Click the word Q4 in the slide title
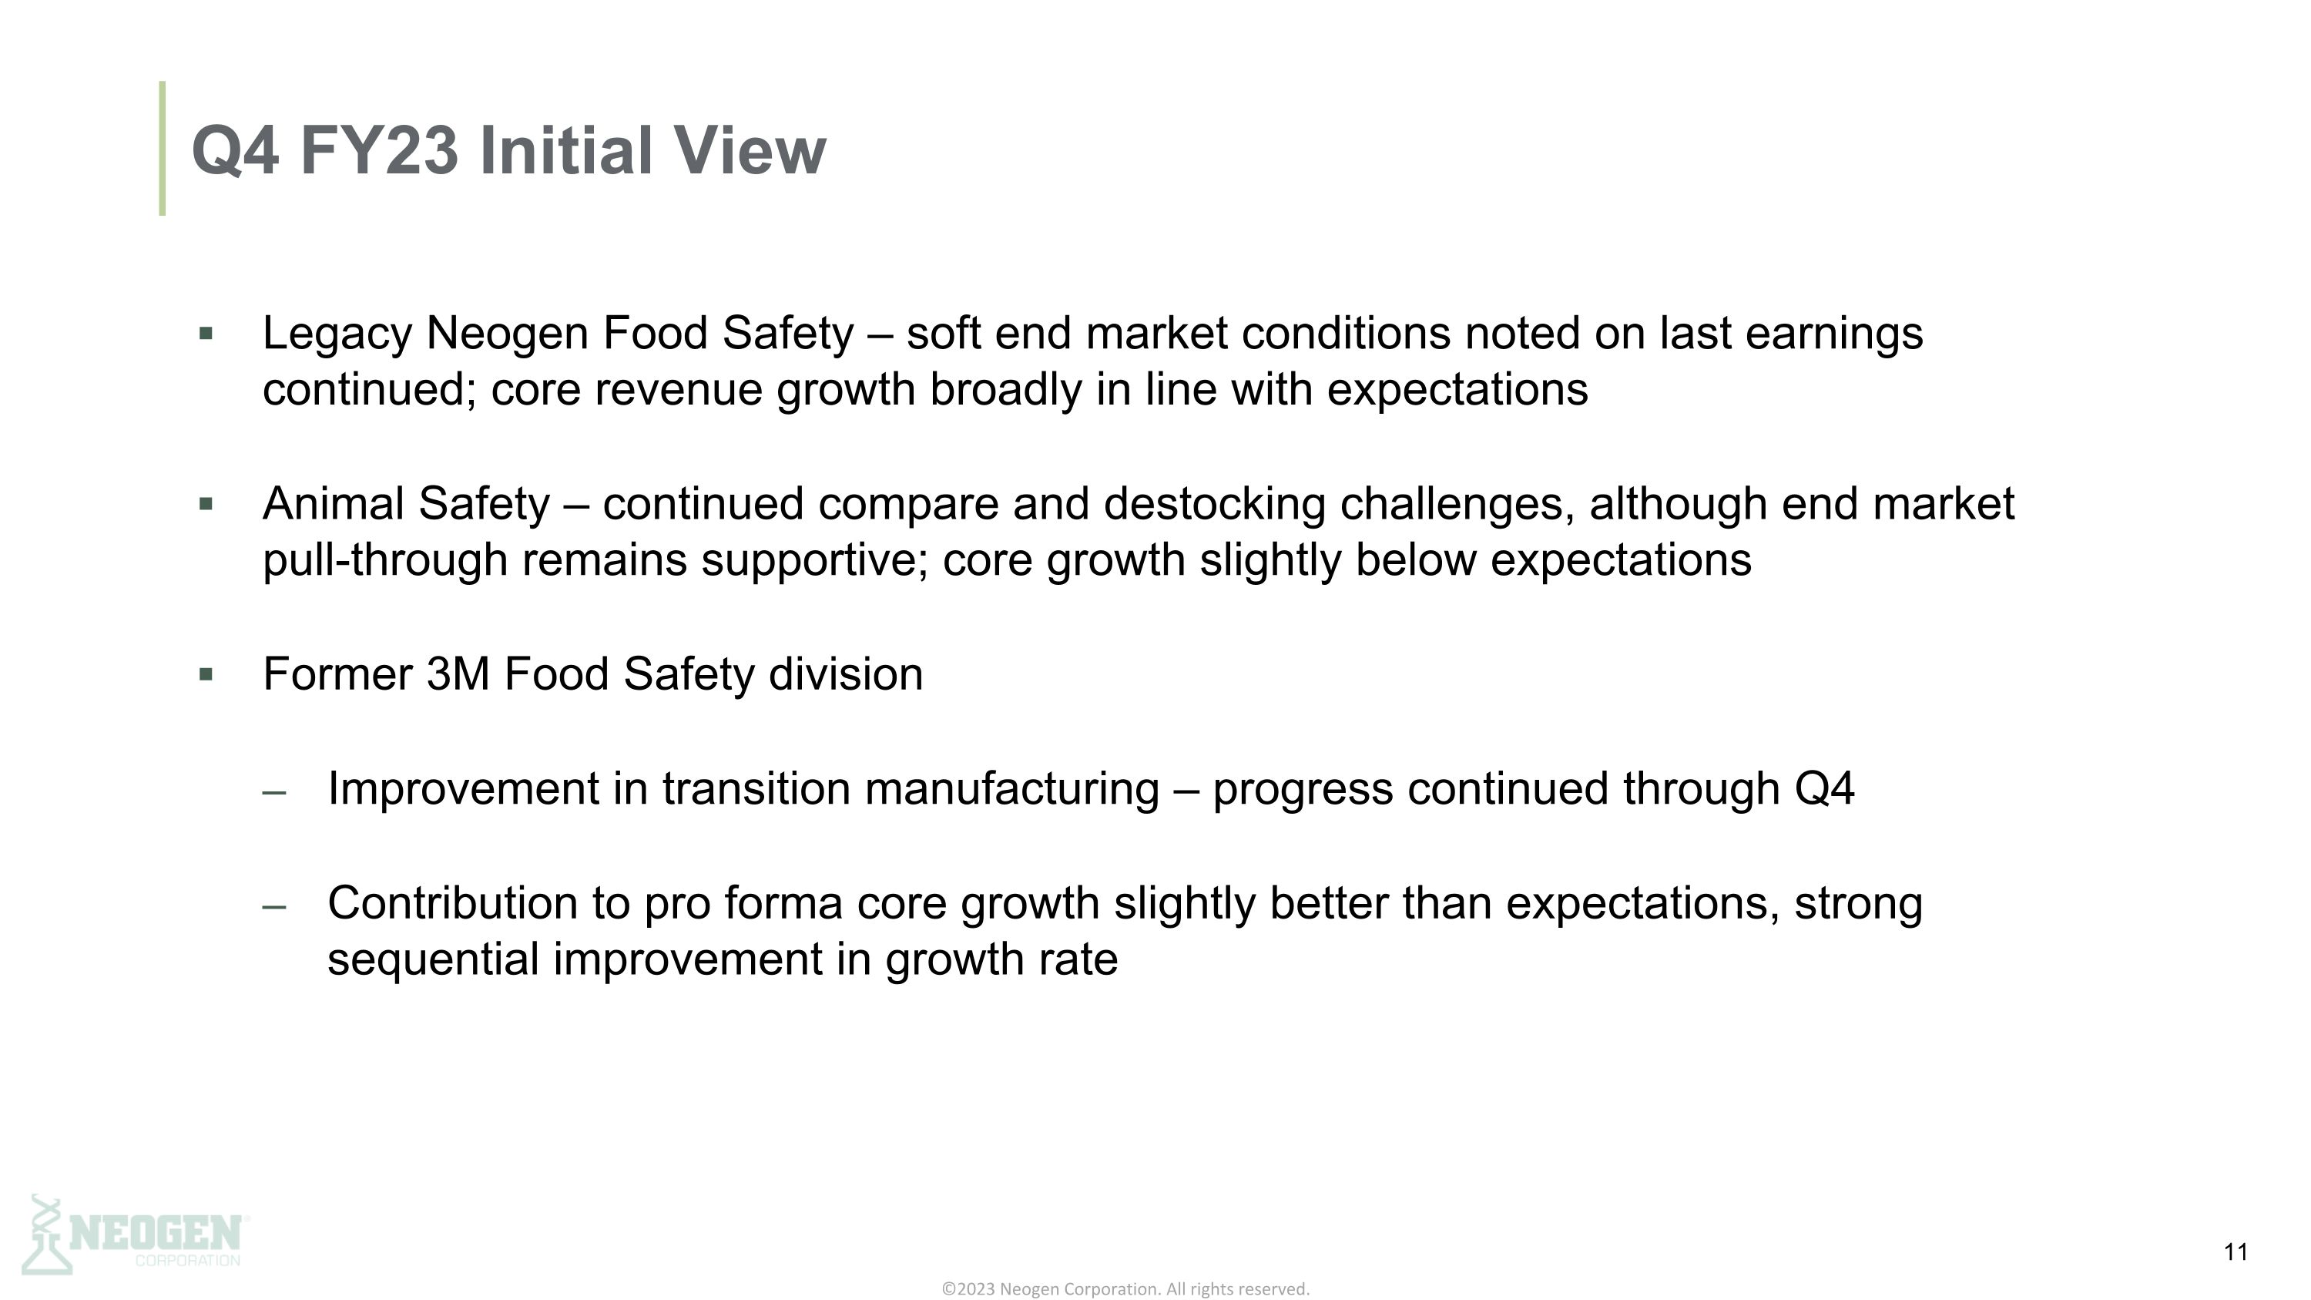click(x=235, y=151)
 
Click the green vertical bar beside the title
click(x=163, y=148)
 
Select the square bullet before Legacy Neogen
click(x=206, y=334)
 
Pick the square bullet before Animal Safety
click(x=206, y=504)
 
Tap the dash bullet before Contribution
click(x=274, y=907)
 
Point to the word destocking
click(x=1214, y=504)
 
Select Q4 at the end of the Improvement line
click(x=1824, y=790)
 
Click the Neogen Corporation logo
click(x=135, y=1234)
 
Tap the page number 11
click(x=2236, y=1251)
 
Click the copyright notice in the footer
click(x=1125, y=1289)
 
